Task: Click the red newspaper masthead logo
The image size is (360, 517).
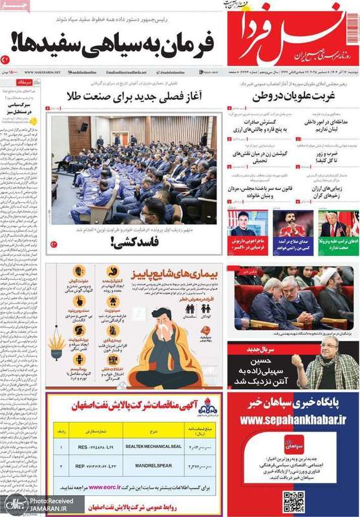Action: [291, 32]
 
